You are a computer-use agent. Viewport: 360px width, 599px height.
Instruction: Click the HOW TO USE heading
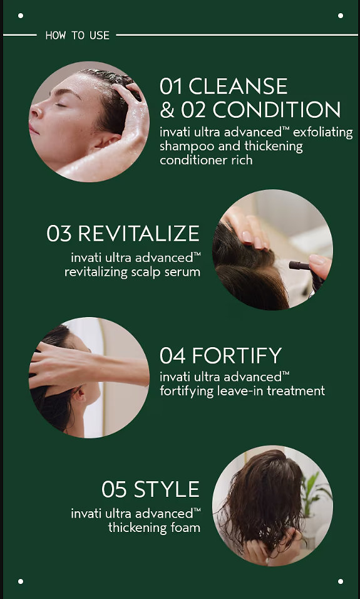pos(78,36)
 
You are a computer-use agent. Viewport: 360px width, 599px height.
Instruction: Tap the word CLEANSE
pos(238,86)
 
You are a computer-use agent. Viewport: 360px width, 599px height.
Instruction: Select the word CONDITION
pos(276,110)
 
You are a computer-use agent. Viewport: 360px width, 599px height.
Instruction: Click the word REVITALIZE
pos(138,234)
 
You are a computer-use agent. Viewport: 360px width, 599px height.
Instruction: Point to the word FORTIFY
pos(237,356)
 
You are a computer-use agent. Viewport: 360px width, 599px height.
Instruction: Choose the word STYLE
pos(167,489)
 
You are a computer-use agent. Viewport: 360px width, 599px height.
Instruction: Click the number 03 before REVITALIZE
pos(59,234)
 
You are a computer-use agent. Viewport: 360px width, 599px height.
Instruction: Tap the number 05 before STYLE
pos(114,489)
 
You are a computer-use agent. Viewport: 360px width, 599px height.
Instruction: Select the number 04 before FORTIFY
pos(173,356)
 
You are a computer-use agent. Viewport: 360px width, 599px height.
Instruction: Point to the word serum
pos(187,272)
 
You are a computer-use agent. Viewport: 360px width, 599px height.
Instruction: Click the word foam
pos(186,528)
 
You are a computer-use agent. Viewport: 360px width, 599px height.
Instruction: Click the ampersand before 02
pos(167,110)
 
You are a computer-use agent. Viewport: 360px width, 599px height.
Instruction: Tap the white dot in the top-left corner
pos(20,16)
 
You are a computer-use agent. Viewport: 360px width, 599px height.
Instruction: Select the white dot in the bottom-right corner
pos(340,581)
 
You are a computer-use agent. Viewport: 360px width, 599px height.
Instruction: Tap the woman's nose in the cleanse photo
pos(36,112)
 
